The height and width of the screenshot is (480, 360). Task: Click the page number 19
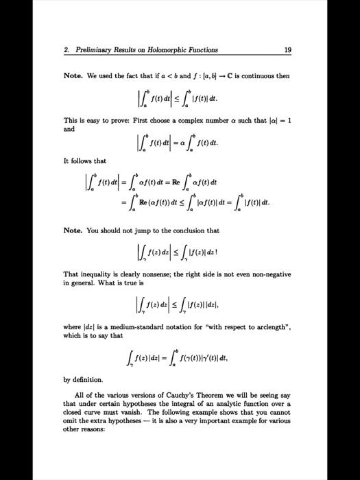287,49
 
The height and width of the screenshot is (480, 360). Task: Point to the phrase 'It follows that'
85,161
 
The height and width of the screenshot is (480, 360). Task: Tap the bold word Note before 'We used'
73,75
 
